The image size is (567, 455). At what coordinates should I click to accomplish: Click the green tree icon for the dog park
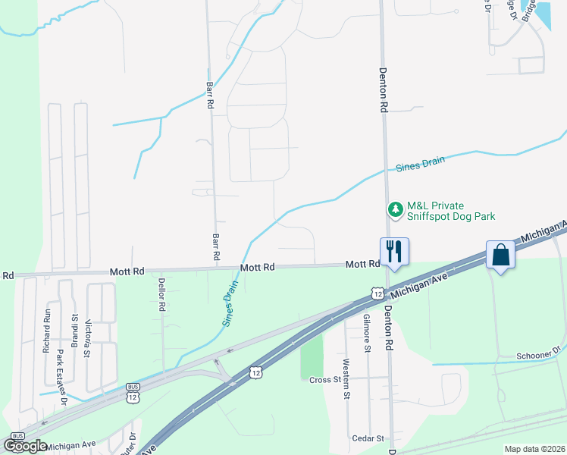point(394,209)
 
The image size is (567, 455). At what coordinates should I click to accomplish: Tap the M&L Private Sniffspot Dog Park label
point(451,211)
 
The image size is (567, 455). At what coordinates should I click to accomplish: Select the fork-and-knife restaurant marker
point(393,251)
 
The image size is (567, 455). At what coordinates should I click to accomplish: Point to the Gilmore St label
point(367,334)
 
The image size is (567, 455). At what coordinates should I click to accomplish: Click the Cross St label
point(327,379)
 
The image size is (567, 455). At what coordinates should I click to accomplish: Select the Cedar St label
point(369,438)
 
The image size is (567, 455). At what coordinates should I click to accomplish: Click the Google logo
point(25,445)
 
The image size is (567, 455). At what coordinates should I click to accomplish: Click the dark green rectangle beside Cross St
point(312,356)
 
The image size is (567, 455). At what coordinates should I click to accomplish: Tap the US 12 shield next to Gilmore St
point(377,293)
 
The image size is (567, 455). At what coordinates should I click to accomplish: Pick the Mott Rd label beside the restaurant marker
point(362,265)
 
